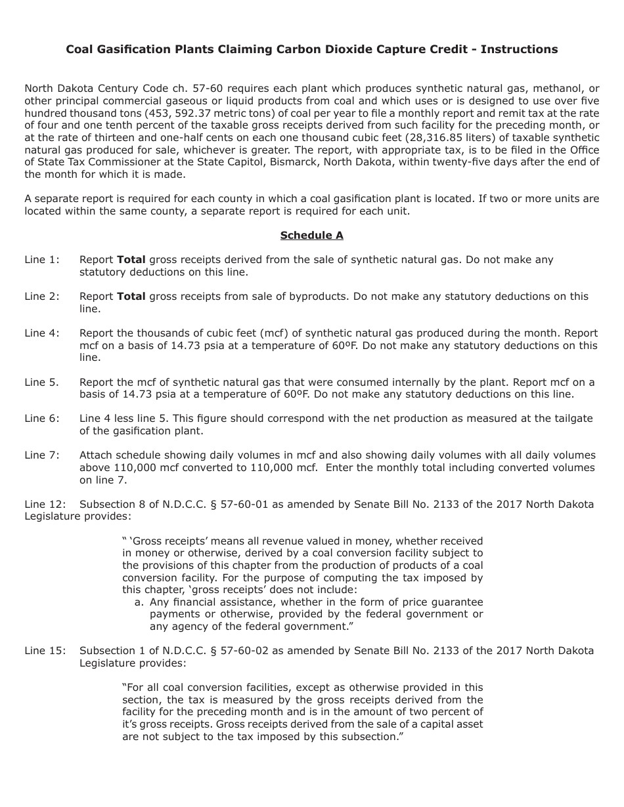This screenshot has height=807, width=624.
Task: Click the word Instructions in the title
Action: [519, 49]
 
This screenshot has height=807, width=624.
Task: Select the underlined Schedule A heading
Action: [311, 236]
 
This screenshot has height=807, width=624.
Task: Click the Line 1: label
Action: [42, 260]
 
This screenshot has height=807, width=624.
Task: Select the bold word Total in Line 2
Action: [131, 297]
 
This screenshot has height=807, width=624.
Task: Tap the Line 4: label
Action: [42, 333]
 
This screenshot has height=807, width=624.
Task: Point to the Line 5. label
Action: [42, 382]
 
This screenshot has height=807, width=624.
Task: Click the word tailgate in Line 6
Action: [571, 419]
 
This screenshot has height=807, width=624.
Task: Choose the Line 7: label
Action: [42, 455]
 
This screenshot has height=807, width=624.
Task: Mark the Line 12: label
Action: [45, 505]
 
